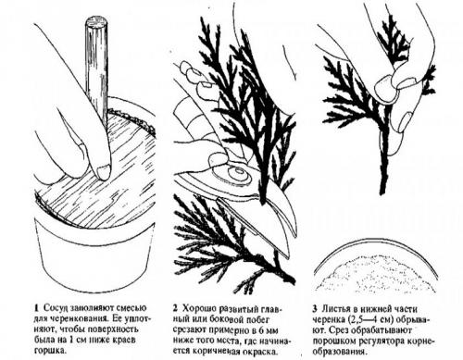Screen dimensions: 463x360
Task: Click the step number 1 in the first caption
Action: tap(37, 308)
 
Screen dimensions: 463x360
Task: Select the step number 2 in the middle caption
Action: tap(175, 308)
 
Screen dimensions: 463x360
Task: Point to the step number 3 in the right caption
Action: tap(315, 309)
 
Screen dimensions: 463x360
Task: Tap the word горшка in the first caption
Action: tap(50, 351)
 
